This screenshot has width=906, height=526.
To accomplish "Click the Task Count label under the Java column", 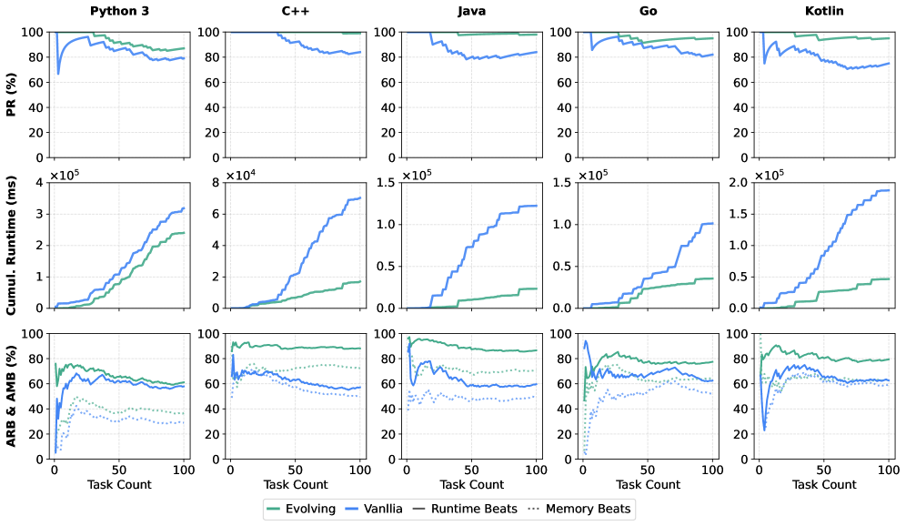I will pyautogui.click(x=471, y=484).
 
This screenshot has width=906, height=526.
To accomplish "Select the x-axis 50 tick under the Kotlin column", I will pyautogui.click(x=823, y=470).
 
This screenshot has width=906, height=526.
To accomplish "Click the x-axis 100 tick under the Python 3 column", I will pyautogui.click(x=184, y=470).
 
